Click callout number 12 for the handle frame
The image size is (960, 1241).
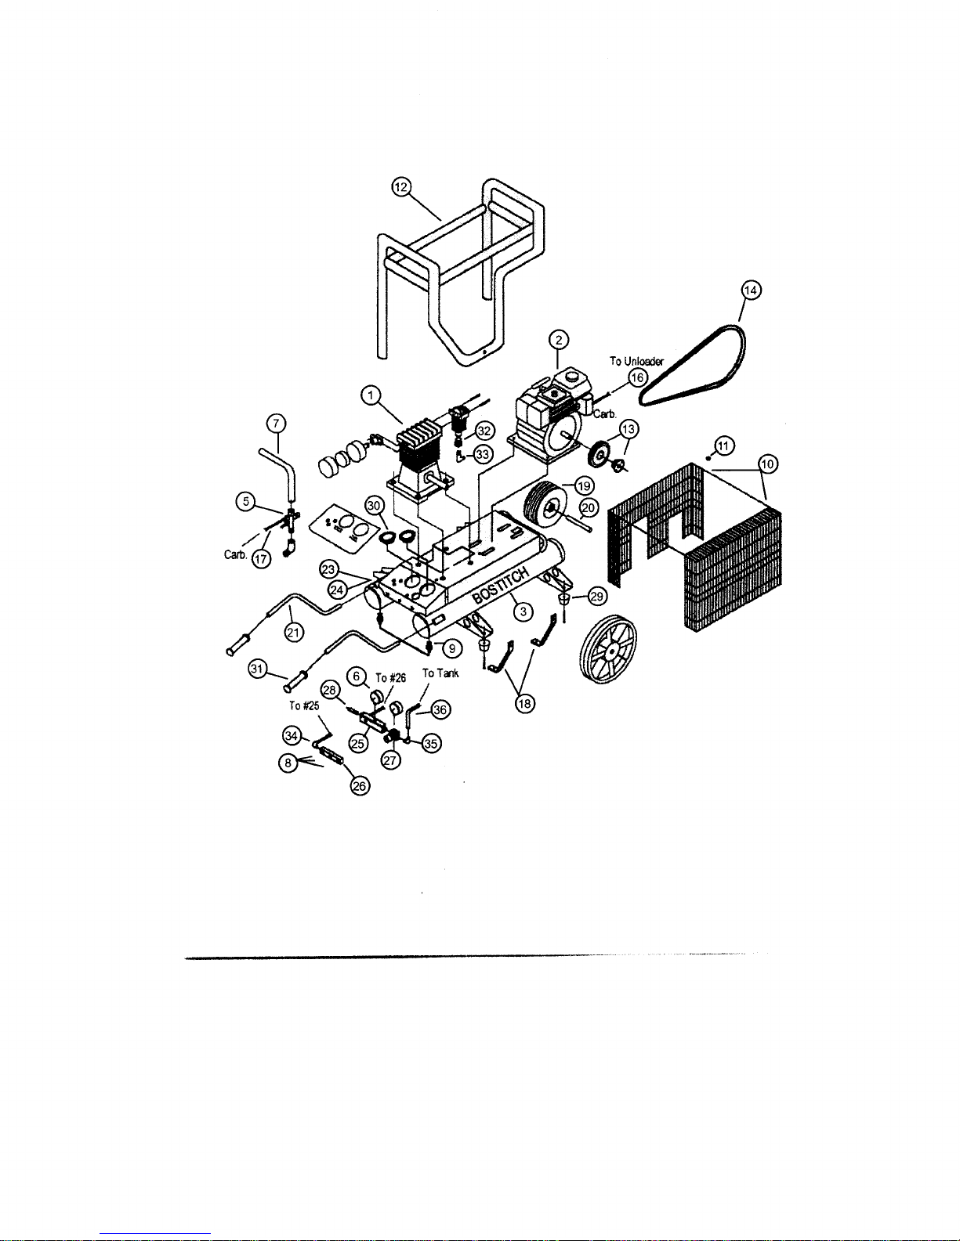(x=402, y=187)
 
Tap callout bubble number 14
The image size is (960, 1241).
(x=751, y=290)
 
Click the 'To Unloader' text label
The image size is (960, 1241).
(x=636, y=361)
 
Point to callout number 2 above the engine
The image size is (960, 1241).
(x=558, y=340)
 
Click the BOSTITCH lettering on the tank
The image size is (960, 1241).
(x=500, y=586)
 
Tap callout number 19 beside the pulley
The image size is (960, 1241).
(x=584, y=486)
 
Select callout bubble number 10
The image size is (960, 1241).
(x=767, y=464)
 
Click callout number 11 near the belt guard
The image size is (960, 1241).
(x=725, y=446)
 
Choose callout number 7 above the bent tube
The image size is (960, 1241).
(x=276, y=423)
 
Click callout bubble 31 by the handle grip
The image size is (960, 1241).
(x=258, y=668)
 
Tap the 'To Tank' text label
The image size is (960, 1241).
(x=440, y=673)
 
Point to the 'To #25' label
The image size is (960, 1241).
(x=304, y=706)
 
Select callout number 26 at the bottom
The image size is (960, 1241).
(x=360, y=786)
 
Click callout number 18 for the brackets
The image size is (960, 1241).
(x=524, y=704)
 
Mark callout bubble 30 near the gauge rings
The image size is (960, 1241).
(x=374, y=506)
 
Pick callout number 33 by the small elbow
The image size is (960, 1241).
(x=483, y=455)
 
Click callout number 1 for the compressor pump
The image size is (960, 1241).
(x=371, y=395)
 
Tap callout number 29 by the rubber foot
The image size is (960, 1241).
(x=596, y=597)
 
